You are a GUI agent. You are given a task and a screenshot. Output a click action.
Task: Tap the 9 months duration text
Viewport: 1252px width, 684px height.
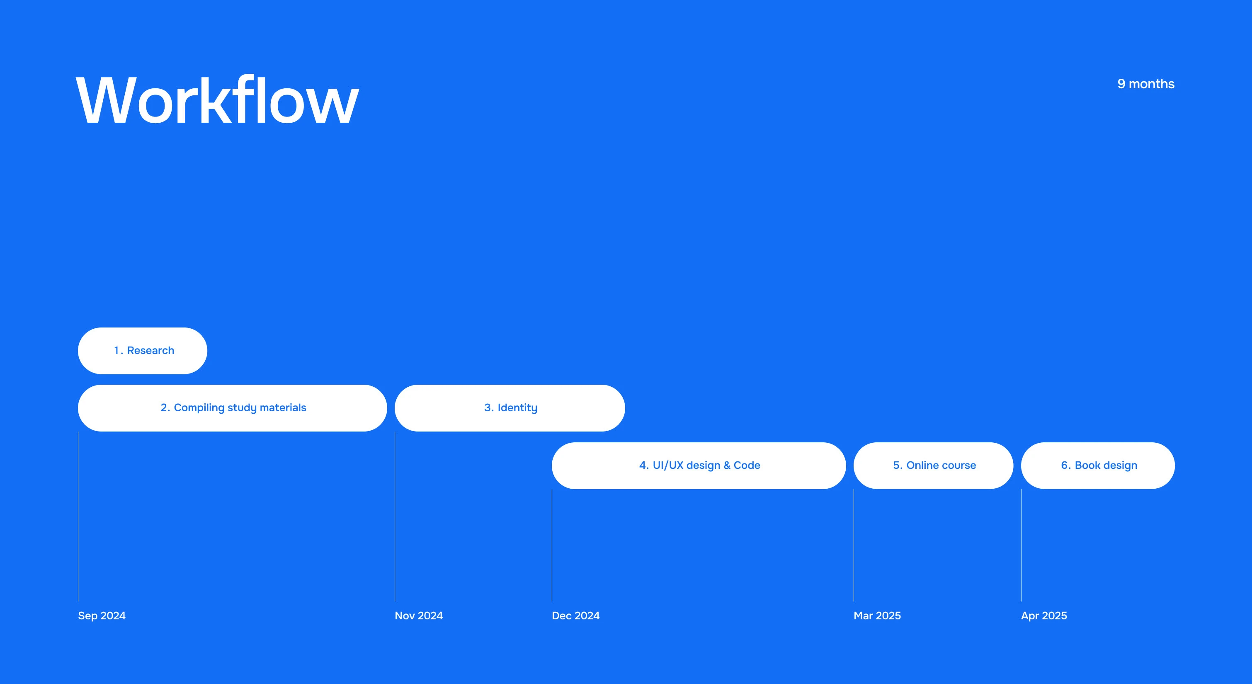[1145, 84]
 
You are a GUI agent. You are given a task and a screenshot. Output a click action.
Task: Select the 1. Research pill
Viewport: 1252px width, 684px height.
[143, 351]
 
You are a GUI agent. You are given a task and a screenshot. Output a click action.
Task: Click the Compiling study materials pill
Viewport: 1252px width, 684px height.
[232, 408]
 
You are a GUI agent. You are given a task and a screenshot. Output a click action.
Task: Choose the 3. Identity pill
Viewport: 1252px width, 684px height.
[510, 408]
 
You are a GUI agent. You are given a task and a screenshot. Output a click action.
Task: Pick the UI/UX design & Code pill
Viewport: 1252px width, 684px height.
[699, 465]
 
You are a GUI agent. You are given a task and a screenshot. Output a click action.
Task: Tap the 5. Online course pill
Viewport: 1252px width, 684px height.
[934, 465]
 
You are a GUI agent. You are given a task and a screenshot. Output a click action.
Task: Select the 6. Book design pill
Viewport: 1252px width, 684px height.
[1098, 465]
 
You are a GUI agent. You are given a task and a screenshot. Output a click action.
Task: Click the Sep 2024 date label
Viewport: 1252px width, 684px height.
[102, 616]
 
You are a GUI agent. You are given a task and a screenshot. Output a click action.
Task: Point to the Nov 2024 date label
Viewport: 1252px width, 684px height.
[418, 616]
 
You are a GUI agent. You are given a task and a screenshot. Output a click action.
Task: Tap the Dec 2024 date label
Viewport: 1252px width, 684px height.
[575, 616]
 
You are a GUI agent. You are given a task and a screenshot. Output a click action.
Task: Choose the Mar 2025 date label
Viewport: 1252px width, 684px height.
[877, 616]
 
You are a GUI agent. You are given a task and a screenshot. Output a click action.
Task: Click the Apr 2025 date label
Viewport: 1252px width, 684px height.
[1044, 616]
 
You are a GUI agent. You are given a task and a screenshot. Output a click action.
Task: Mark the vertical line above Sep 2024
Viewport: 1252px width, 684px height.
[78, 516]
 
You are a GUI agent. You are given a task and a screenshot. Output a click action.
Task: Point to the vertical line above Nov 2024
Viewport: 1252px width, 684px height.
[395, 516]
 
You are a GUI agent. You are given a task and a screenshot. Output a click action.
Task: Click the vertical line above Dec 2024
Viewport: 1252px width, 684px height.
[552, 545]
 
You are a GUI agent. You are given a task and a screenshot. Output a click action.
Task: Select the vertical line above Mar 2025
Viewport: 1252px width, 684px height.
[854, 545]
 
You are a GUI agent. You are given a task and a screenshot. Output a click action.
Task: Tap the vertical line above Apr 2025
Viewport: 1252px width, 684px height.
[1021, 545]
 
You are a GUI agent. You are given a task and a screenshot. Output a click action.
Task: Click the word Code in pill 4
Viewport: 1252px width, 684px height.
[747, 465]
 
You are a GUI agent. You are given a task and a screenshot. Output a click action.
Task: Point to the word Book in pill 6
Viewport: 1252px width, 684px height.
[1087, 465]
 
